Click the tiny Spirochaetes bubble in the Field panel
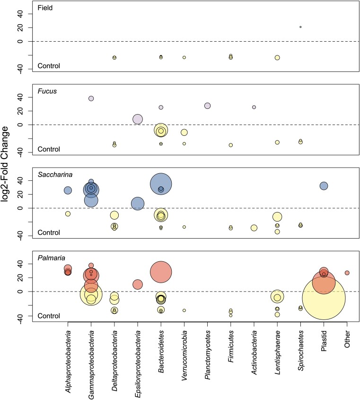coord(300,27)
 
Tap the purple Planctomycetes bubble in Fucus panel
coord(207,106)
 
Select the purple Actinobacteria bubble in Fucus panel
coord(254,107)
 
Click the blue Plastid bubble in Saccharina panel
coord(324,186)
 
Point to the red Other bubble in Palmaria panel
coord(347,273)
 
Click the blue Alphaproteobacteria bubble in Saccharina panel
coord(68,190)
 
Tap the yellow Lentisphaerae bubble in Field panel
coord(277,58)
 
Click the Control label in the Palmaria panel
coord(49,316)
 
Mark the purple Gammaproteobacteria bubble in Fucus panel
coord(91,98)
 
